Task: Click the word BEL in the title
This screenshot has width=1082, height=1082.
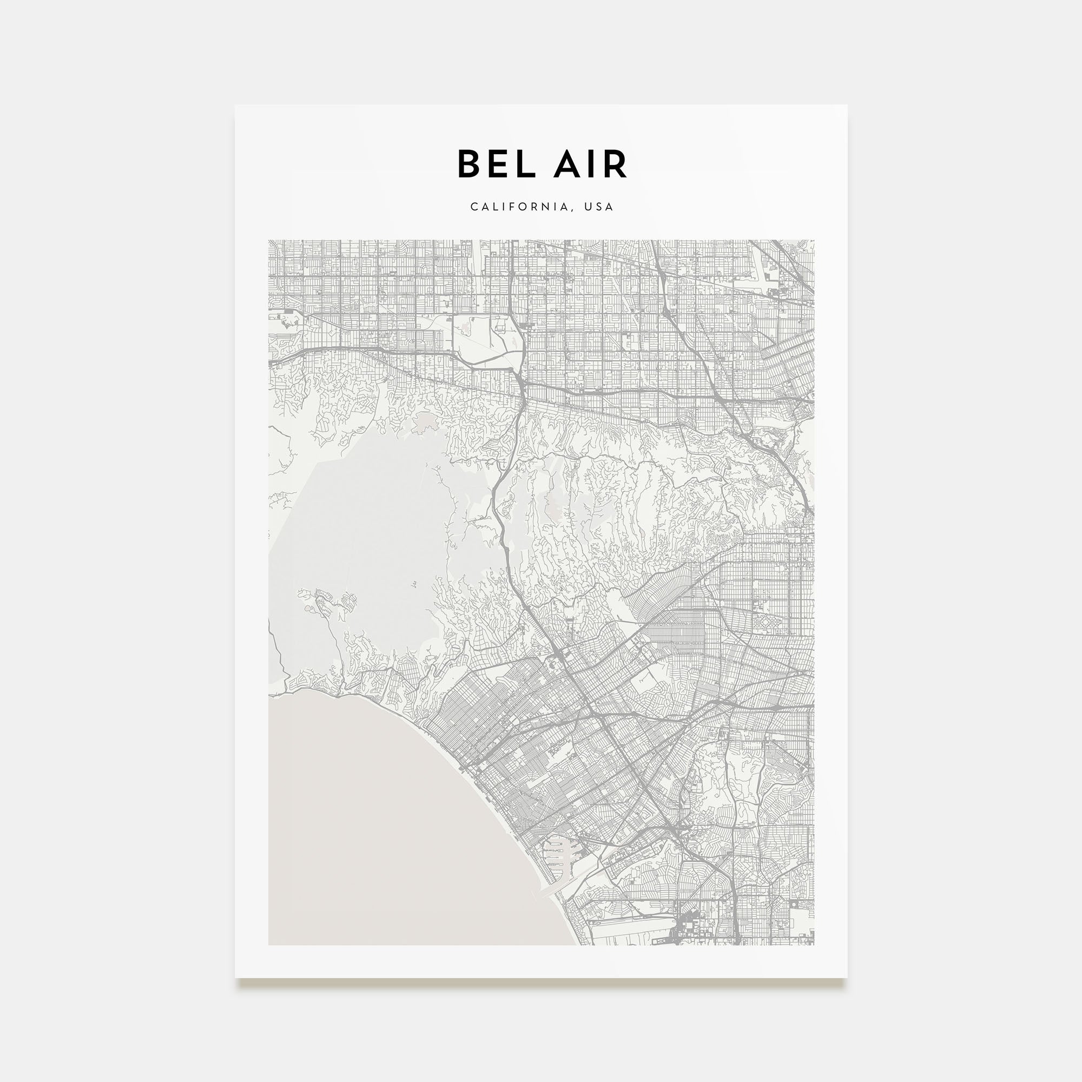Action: click(496, 164)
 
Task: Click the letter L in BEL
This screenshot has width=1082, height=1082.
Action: click(525, 164)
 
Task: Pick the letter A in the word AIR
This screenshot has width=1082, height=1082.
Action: click(562, 164)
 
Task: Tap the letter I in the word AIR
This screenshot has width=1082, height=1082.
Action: click(589, 164)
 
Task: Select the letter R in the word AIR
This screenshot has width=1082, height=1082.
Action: click(614, 164)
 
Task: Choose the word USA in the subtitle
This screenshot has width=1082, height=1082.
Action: click(599, 207)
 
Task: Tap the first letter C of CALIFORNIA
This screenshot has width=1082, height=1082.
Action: click(474, 207)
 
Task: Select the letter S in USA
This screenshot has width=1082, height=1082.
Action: click(599, 207)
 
